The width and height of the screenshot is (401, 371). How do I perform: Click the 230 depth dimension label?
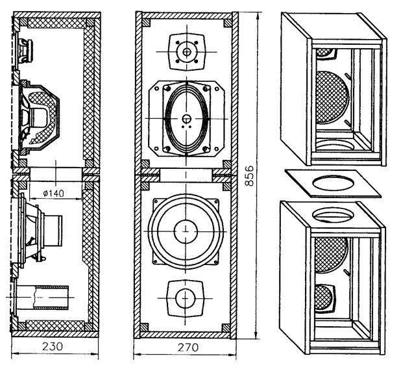coord(53,346)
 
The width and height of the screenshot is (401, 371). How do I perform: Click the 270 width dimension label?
coord(188,348)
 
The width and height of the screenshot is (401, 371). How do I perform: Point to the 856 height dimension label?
coord(249,175)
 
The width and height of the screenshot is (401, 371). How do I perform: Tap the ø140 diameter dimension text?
coord(53,193)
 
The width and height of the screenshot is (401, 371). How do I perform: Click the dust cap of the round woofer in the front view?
coord(186,231)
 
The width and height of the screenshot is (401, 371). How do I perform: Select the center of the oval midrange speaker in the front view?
coord(186,118)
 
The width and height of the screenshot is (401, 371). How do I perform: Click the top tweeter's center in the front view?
coord(186,52)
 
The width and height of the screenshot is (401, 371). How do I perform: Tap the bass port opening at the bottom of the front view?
coord(186,298)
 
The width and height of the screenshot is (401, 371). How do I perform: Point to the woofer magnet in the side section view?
coord(53,231)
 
